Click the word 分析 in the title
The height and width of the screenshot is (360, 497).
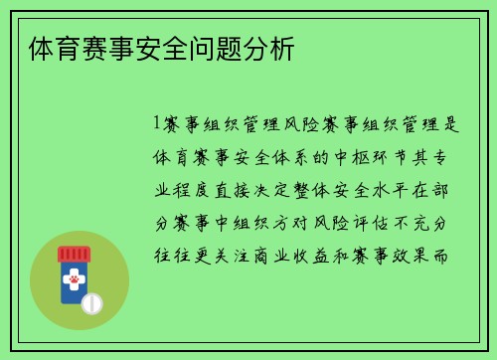[275, 48]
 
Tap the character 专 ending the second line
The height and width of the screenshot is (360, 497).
[451, 157]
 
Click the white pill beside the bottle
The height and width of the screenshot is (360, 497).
[91, 302]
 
